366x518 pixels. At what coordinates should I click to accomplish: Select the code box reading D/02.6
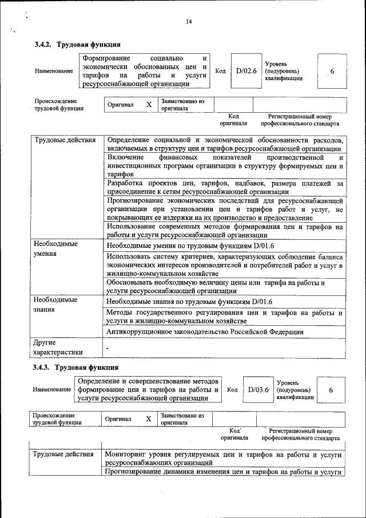point(246,70)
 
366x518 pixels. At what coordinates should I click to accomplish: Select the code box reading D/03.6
point(258,389)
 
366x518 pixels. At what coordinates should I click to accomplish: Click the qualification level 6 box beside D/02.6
point(332,70)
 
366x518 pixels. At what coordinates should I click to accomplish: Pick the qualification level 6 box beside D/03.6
point(332,390)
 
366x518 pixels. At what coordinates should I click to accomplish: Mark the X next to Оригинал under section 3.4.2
point(149,105)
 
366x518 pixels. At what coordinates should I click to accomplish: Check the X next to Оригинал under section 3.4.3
point(148,419)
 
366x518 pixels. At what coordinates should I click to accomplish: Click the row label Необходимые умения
point(56,249)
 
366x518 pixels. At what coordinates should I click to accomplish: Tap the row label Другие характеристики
point(58,347)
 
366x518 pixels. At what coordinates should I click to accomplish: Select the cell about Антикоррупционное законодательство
point(205,331)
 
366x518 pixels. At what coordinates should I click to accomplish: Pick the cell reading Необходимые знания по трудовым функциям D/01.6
point(189,301)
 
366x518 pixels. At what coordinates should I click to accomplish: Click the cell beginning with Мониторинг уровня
point(224,458)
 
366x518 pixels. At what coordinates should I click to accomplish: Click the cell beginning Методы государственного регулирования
point(225,317)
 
